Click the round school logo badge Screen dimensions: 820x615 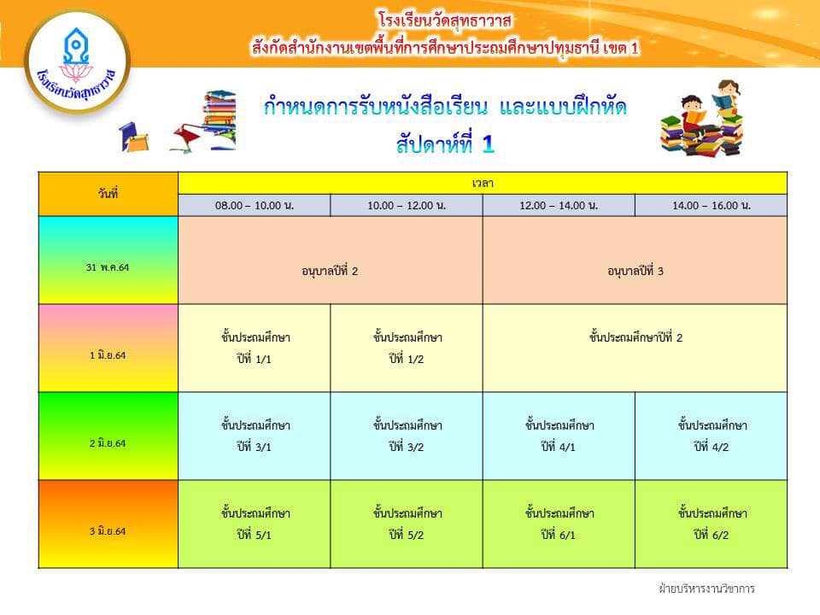click(78, 61)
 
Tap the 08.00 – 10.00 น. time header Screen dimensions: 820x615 click(255, 206)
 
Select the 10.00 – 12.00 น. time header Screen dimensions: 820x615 click(407, 206)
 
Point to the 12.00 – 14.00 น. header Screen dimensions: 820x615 click(559, 206)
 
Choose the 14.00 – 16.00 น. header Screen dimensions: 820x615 click(712, 206)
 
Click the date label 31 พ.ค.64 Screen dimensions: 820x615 click(108, 267)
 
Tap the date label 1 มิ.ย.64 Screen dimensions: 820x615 click(108, 355)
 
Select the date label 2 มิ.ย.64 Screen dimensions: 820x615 click(108, 443)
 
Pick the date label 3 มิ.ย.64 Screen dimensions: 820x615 click(108, 530)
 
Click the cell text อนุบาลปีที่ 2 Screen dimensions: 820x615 click(330, 271)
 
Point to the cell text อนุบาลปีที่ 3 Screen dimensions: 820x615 click(635, 271)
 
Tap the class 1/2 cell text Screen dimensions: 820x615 click(407, 348)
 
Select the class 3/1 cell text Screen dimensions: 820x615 click(255, 436)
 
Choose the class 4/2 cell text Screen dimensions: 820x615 click(712, 436)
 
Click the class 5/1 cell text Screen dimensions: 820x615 click(255, 524)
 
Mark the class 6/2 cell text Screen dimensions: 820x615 click(712, 524)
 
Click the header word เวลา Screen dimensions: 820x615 click(483, 183)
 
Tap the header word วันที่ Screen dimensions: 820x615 click(108, 194)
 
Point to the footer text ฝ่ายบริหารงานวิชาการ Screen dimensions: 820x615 click(706, 589)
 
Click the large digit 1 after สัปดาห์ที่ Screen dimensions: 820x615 click(488, 143)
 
